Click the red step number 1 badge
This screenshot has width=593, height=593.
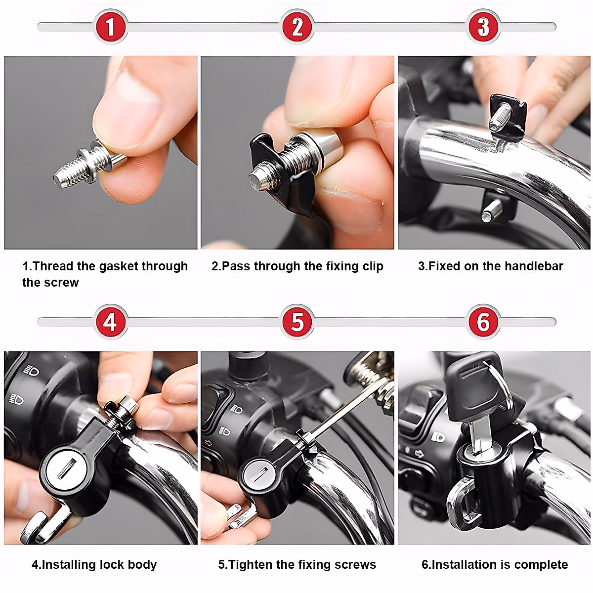point(111,27)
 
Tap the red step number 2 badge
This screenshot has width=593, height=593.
point(297,27)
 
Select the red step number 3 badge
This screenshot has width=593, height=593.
point(483,27)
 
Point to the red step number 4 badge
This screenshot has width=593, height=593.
point(111,322)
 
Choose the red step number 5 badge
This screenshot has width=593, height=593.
point(297,322)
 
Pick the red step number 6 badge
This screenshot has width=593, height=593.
point(483,322)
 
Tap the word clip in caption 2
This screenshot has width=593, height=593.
point(373,267)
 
